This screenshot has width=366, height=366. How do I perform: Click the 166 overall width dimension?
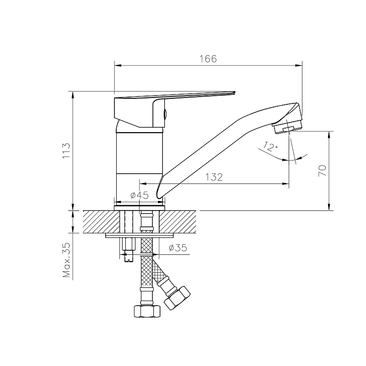tap(208, 59)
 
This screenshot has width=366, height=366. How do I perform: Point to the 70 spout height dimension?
tap(322, 171)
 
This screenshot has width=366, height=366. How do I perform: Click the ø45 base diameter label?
tap(139, 195)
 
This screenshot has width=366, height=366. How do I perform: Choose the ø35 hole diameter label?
tap(178, 248)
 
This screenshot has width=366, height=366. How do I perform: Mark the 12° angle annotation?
tap(270, 147)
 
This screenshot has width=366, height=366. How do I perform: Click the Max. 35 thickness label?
tap(66, 261)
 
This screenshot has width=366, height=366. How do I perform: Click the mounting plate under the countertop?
tap(140, 236)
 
